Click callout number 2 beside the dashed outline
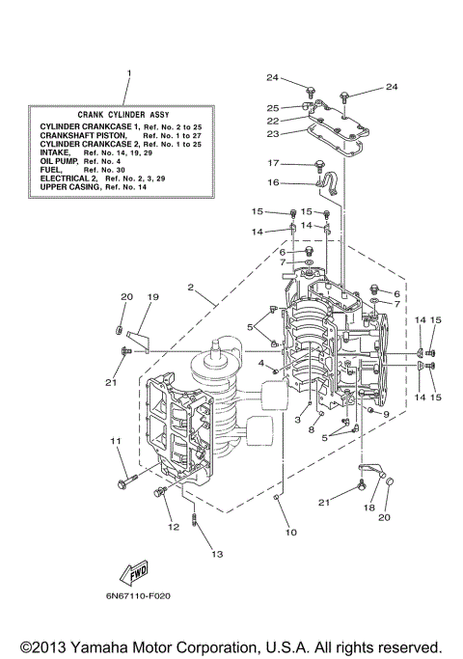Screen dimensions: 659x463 click(x=192, y=288)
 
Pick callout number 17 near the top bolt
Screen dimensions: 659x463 click(x=274, y=162)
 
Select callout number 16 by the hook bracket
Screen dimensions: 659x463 click(x=274, y=181)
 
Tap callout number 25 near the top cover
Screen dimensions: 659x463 click(x=274, y=107)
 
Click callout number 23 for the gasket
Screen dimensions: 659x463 click(x=274, y=135)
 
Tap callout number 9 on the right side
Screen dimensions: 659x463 click(x=386, y=414)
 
